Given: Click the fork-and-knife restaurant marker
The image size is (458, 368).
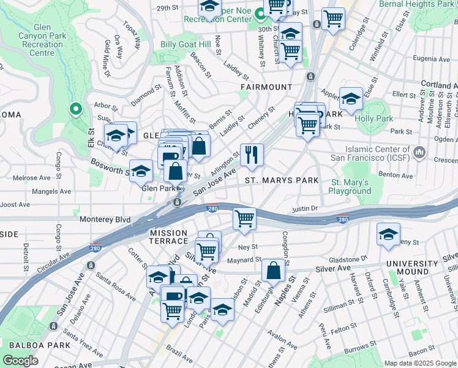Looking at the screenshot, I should tap(252, 157).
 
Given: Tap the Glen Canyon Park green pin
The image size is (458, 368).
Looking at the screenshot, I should tap(76, 110).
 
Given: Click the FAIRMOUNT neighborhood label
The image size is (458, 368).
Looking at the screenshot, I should tap(266, 87).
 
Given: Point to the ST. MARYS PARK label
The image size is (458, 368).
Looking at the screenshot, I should tap(282, 180).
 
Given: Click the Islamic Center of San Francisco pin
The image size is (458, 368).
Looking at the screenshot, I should tap(419, 151).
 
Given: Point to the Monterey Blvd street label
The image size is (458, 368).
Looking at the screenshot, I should tap(105, 219).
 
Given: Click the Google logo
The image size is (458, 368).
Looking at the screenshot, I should tap(20, 361).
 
